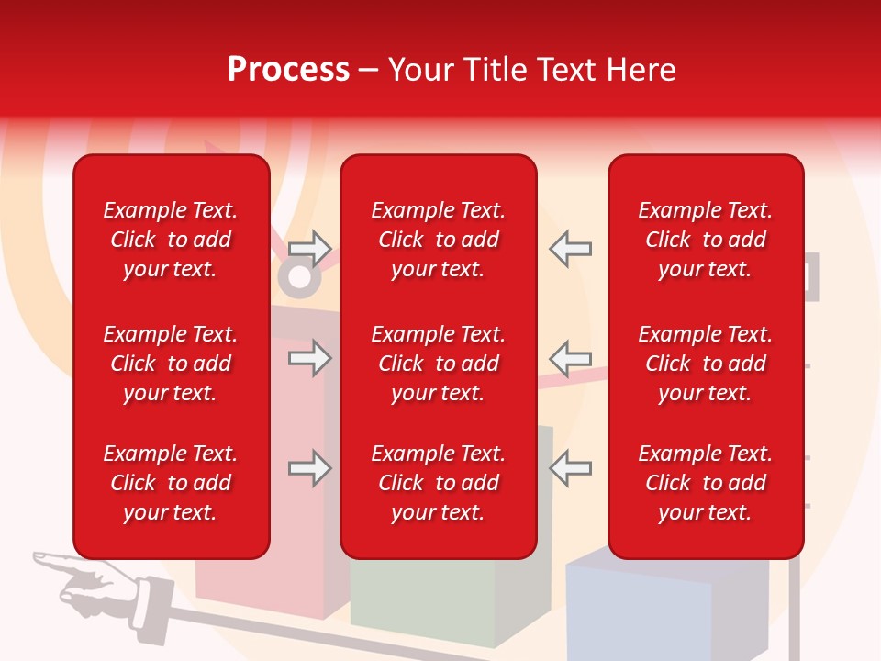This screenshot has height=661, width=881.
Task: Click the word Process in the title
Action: (288, 70)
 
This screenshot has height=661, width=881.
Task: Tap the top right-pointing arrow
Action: (309, 249)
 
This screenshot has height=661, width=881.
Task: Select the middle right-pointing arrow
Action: (309, 358)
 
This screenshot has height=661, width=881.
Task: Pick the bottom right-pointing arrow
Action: (309, 468)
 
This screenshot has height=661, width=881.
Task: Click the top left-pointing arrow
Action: (571, 249)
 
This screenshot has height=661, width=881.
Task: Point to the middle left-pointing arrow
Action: (571, 358)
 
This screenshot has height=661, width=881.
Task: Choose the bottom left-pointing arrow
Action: (571, 468)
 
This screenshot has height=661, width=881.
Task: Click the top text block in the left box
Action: (171, 240)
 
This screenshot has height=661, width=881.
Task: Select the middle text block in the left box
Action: (171, 364)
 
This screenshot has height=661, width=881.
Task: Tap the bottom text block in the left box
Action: (171, 483)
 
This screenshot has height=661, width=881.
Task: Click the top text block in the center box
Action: (439, 240)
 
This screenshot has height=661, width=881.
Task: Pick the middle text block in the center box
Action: (439, 364)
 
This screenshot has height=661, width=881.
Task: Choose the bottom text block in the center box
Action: (439, 483)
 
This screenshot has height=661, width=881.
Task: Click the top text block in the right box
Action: (706, 240)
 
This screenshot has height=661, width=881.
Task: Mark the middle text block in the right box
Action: (706, 364)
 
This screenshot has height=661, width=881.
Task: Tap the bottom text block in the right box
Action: (706, 483)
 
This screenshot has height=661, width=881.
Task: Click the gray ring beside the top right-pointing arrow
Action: (298, 278)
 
